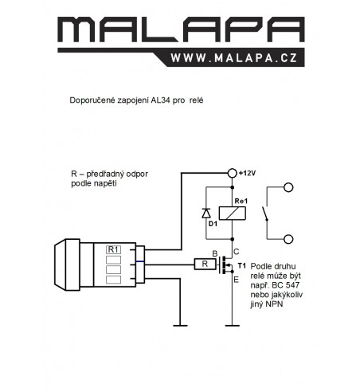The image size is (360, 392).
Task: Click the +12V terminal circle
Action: (233, 173)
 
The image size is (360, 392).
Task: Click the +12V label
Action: (247, 173)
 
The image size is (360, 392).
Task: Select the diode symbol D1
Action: (206, 214)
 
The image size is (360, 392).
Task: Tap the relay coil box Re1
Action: (233, 214)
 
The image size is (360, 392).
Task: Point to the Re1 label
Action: (241, 201)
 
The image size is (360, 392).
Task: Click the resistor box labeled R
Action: (205, 265)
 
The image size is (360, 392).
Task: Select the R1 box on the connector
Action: (113, 249)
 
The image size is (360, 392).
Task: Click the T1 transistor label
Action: (242, 265)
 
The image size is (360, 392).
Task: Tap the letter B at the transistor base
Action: (215, 254)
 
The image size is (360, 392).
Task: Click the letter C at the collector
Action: (236, 252)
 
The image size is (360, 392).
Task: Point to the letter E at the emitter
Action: (236, 280)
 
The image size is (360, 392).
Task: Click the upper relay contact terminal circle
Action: (288, 187)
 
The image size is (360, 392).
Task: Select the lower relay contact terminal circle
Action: (288, 239)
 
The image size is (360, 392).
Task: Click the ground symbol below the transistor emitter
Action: (233, 325)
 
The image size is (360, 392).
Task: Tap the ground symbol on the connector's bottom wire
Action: (180, 325)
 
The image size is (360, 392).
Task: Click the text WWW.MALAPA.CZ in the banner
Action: (234, 58)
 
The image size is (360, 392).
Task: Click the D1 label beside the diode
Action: (213, 224)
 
